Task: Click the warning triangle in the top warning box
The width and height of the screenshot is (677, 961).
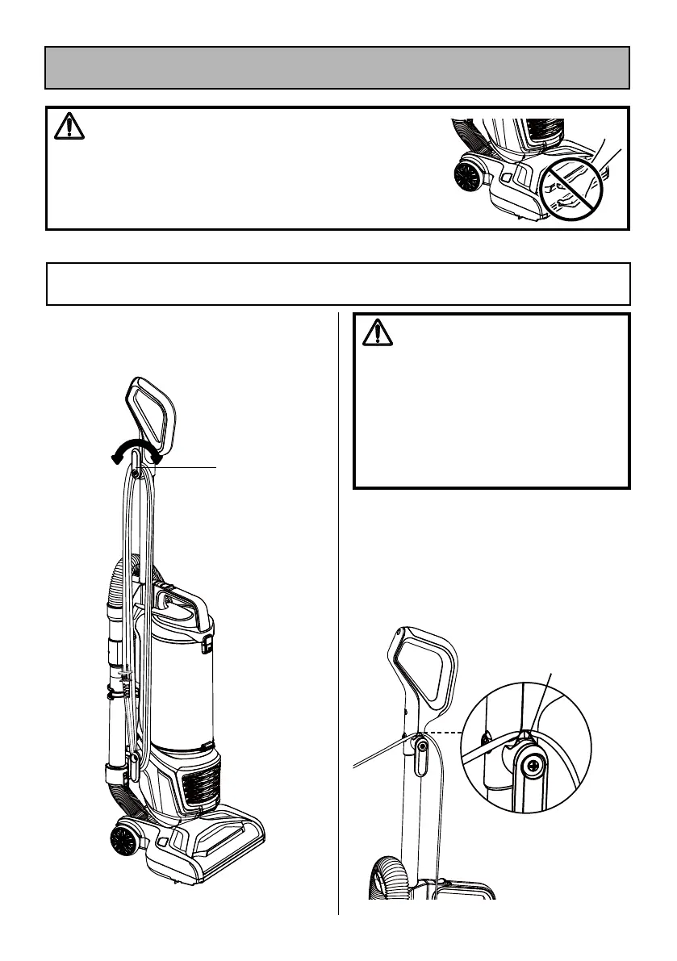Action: [x=69, y=127]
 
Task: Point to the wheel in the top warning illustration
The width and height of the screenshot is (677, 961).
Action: [x=467, y=174]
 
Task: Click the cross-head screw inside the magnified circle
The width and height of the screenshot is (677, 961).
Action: [x=532, y=767]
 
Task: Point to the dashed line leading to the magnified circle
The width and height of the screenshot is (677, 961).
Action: [x=445, y=732]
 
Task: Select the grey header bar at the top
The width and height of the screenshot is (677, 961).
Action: [x=337, y=67]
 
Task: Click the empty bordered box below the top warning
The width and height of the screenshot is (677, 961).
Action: [x=337, y=283]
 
